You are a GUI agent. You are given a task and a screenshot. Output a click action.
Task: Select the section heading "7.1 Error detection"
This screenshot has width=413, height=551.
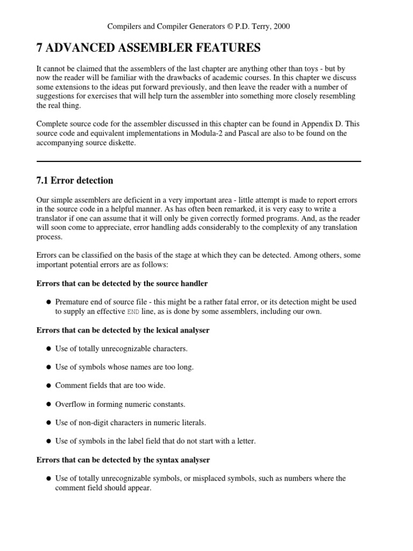(74, 180)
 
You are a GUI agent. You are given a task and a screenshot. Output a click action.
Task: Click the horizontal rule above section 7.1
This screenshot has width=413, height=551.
(198, 161)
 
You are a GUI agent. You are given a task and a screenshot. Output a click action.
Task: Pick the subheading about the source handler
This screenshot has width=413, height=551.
(122, 283)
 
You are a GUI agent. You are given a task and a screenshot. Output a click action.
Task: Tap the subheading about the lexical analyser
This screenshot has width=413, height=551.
(123, 330)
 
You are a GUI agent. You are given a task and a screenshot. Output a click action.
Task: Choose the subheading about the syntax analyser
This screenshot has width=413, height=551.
(123, 460)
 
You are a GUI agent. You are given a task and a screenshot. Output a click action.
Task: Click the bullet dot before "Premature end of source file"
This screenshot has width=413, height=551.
(48, 302)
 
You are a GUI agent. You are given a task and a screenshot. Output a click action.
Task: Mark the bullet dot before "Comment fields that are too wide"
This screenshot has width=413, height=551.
(48, 386)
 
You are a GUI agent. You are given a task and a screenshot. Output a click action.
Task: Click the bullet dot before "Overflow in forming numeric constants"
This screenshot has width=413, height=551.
(48, 404)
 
